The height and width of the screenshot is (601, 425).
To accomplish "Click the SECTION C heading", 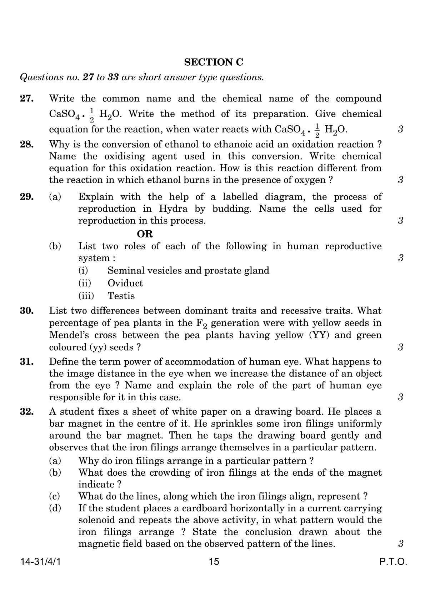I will point(214,62).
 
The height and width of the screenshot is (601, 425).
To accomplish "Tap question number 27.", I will point(27,98).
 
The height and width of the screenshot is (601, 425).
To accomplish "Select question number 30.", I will point(27,311).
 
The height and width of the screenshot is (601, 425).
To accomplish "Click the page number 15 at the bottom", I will point(214,562).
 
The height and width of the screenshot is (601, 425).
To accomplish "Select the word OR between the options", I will point(145,234).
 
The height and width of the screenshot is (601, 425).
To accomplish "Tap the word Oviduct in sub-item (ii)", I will point(125,283).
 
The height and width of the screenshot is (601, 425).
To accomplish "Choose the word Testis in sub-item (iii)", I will point(121,296).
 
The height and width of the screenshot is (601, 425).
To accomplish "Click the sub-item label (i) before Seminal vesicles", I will point(83,270).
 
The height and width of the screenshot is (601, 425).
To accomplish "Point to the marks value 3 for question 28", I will point(400,180).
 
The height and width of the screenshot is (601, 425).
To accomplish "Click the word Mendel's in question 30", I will point(68,335).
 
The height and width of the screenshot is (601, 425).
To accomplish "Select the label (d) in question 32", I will point(55,508).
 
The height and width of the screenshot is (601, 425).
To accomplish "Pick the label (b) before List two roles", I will point(55,246).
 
